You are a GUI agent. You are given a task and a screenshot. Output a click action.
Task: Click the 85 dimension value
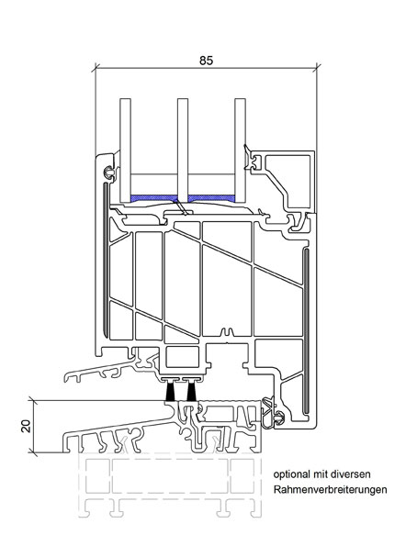(x=206, y=61)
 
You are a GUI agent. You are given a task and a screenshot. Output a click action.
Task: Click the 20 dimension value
(x=26, y=426)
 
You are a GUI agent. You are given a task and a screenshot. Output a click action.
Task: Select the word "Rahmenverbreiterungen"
(x=330, y=490)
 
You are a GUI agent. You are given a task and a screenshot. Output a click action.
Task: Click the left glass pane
(x=125, y=150)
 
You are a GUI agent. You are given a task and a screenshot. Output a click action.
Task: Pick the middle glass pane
(x=183, y=150)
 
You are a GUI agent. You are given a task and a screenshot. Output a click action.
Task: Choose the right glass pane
(x=241, y=150)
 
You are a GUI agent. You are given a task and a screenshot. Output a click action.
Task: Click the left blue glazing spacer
(x=153, y=198)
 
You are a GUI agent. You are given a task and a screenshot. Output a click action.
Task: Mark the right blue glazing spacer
(x=211, y=198)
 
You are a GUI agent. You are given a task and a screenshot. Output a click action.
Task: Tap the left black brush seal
(x=171, y=391)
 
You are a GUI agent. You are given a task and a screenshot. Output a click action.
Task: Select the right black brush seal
(x=190, y=391)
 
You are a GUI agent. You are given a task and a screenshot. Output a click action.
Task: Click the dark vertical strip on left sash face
(x=105, y=260)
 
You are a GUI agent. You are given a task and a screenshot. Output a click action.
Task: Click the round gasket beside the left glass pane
(x=108, y=172)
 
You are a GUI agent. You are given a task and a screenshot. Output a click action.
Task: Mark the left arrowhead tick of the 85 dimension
(x=96, y=68)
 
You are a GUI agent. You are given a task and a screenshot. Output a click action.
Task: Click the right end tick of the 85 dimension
(x=317, y=68)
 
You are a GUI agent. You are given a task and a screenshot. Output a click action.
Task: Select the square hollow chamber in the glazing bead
(x=288, y=181)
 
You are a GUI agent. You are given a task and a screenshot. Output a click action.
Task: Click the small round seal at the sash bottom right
(x=279, y=418)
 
